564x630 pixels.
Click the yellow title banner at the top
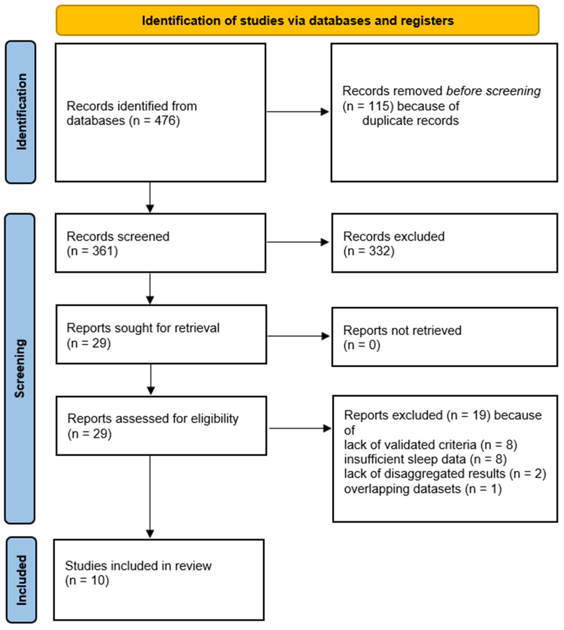click(298, 21)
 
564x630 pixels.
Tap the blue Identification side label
click(21, 112)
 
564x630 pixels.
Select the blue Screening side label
click(20, 368)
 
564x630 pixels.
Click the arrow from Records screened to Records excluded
click(298, 242)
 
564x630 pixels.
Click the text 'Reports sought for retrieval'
click(143, 328)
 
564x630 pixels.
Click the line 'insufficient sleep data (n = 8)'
click(425, 459)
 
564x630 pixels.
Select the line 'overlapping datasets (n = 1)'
click(423, 489)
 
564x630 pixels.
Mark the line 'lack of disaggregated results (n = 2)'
click(445, 474)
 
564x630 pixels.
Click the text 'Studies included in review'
click(138, 566)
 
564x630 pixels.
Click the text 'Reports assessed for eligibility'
click(153, 419)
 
